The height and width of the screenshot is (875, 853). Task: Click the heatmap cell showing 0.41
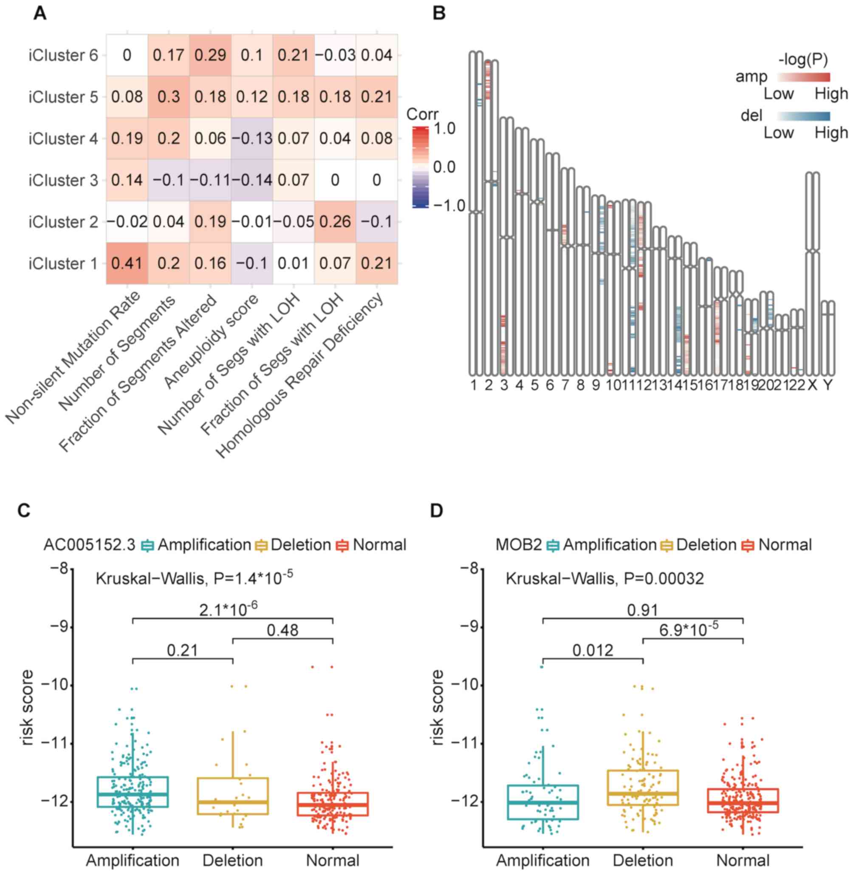127,263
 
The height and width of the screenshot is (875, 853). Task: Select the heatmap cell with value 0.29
210,55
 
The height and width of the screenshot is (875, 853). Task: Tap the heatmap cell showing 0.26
335,221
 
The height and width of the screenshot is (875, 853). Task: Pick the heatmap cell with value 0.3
169,97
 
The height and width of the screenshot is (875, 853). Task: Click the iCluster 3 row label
63,180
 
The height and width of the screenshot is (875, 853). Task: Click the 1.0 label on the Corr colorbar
444,129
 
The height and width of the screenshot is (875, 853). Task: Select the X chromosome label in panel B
812,385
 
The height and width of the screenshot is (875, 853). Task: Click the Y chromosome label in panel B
828,385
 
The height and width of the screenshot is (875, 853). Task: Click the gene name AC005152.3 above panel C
90,545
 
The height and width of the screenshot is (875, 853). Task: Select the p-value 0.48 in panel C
282,630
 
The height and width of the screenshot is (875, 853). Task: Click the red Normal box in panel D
743,800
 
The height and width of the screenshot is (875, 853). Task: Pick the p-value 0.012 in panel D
593,650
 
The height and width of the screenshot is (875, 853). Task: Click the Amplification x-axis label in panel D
542,860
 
